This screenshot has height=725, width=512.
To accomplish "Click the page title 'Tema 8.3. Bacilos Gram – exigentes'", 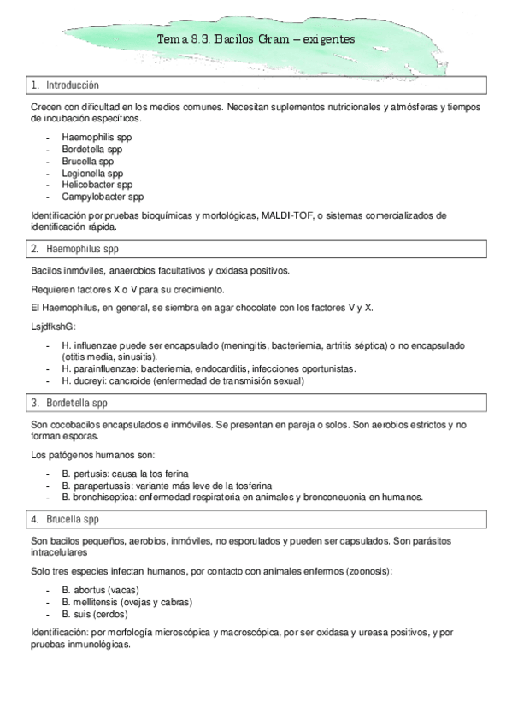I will pos(256,39).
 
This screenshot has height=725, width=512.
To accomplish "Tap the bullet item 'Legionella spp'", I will pos(92,173).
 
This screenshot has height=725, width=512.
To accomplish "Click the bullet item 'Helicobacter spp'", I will pos(97,184).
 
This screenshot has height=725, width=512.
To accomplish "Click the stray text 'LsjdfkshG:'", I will pos(53,327).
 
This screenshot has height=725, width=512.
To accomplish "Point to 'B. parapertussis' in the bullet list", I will pos(97,485).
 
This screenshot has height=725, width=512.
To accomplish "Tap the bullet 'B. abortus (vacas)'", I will pos(100,590).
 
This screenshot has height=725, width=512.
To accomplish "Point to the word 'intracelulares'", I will pos(59,552).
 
